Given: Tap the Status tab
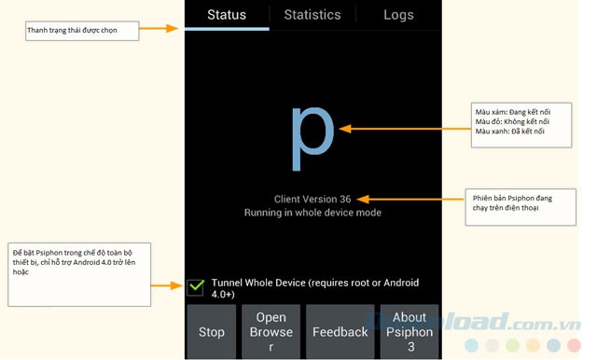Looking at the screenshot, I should pyautogui.click(x=227, y=14).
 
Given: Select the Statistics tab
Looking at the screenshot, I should pyautogui.click(x=312, y=14).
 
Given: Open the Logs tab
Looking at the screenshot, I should pyautogui.click(x=398, y=14).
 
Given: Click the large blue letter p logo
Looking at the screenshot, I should pyautogui.click(x=312, y=134).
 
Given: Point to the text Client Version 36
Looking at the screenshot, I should pyautogui.click(x=312, y=199).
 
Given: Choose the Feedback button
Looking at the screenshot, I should pyautogui.click(x=340, y=332).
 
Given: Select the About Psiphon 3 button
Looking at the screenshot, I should pyautogui.click(x=410, y=332).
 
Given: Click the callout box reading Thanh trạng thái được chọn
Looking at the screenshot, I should pyautogui.click(x=82, y=31).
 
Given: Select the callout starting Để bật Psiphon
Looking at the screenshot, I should pyautogui.click(x=78, y=274).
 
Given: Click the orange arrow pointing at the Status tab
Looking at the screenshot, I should pyautogui.click(x=159, y=29).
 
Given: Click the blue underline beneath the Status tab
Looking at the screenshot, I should pyautogui.click(x=227, y=28).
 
